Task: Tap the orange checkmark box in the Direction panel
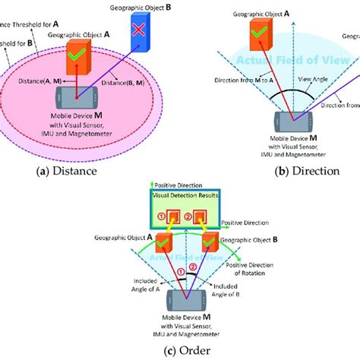tap(261, 35)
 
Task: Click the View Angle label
tap(320, 77)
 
